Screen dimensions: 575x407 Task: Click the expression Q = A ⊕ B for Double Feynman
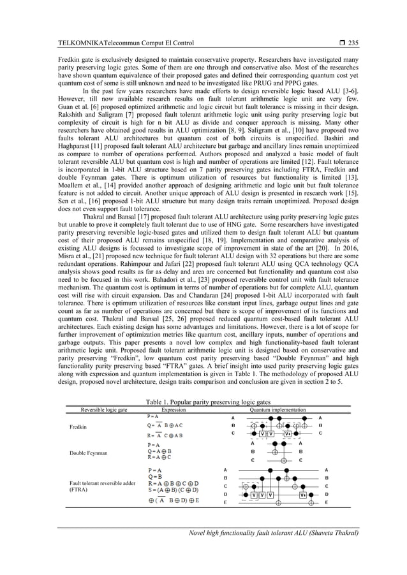click(163, 452)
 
